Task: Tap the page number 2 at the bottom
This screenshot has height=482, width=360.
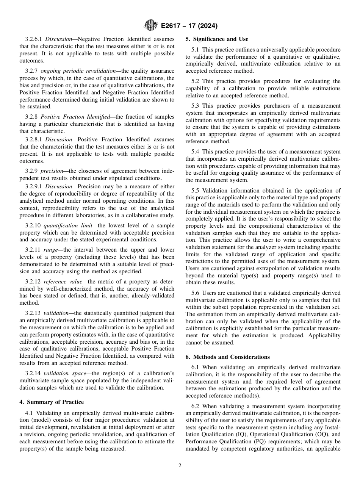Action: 180,466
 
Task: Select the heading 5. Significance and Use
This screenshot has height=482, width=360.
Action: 217,39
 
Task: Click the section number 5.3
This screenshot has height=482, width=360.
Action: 196,106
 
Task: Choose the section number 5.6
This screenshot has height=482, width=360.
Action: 196,293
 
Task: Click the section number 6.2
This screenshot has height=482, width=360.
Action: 196,406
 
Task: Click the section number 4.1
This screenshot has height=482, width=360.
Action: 29,412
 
